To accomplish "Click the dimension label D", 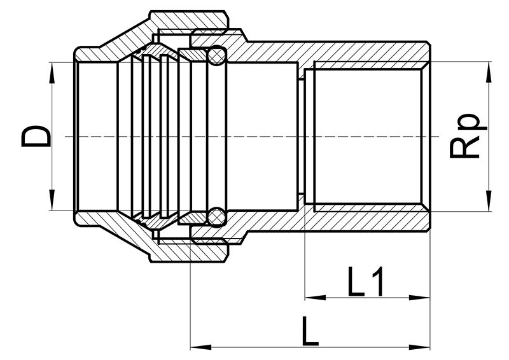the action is [x=36, y=137].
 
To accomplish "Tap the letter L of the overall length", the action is [x=310, y=331].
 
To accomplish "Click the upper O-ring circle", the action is [x=216, y=55].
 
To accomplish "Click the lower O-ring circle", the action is [x=216, y=216].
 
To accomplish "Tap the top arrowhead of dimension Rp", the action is [x=488, y=72].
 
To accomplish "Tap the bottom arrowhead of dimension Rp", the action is [x=488, y=200].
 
